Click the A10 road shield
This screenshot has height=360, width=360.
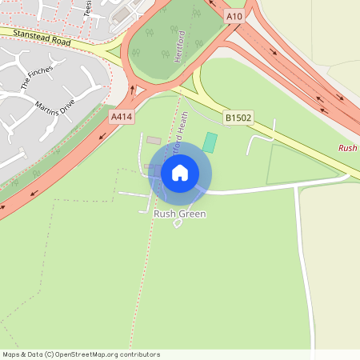coord(234,16)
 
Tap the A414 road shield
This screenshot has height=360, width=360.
coord(121,117)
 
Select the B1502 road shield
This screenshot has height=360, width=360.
coord(238,118)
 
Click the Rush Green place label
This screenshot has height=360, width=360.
coord(179,214)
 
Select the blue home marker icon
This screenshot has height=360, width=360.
coord(180,173)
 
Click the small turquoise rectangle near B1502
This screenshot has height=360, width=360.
coord(210,142)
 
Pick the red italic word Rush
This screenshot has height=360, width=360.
coord(348,148)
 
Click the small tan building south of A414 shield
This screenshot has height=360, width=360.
coord(154,140)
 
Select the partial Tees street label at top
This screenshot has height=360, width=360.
coord(87,7)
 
